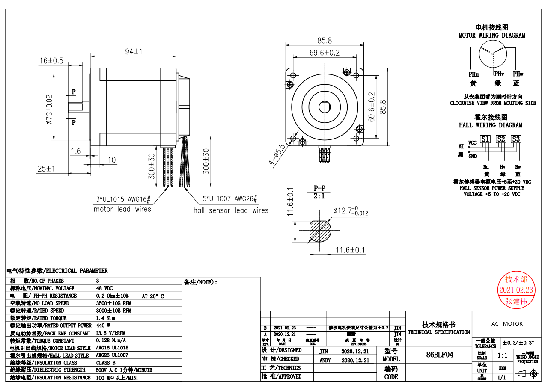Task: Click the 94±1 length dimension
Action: [133, 51]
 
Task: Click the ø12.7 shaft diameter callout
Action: [350, 211]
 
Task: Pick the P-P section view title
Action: [319, 188]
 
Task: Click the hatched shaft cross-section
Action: [320, 231]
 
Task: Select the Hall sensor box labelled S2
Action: [500, 139]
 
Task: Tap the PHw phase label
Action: [518, 74]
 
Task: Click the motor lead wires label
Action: [122, 209]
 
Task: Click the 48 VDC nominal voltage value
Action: [104, 288]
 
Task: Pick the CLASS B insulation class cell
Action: [105, 363]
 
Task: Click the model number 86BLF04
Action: [439, 355]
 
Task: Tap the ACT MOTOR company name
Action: [507, 324]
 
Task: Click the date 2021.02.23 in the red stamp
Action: [516, 290]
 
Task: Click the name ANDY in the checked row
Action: [325, 361]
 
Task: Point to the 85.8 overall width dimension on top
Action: [325, 41]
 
